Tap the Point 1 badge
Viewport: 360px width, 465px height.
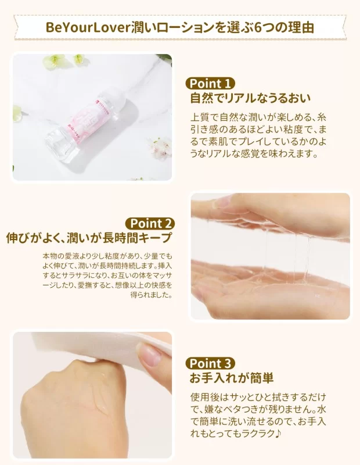[x=210, y=83]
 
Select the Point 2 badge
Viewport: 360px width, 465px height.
[x=150, y=223]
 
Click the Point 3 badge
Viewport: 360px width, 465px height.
[x=210, y=363]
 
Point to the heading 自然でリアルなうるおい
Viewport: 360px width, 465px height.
[x=251, y=98]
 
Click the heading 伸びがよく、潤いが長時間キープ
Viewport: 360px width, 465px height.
[x=89, y=238]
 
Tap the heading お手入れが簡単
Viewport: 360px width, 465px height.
[x=232, y=378]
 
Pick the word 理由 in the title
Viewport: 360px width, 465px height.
[x=301, y=27]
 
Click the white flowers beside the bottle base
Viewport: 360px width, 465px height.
[x=159, y=148]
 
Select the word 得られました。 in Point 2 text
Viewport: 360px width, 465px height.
[x=151, y=295]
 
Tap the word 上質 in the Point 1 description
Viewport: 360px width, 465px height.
[x=200, y=117]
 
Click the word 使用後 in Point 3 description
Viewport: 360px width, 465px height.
[x=205, y=397]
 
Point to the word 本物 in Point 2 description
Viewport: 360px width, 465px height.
[x=49, y=256]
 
